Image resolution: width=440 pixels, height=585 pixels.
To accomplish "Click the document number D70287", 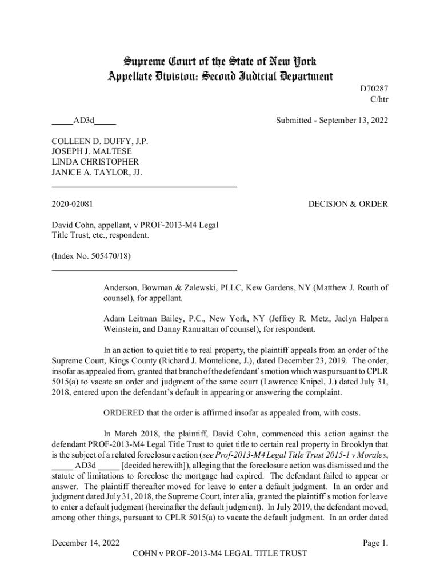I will [x=374, y=90].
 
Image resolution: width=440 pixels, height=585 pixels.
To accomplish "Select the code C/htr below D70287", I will [x=378, y=101].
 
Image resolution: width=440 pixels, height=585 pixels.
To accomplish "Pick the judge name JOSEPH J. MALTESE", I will [x=91, y=151].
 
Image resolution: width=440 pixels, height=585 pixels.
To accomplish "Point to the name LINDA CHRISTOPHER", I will [x=95, y=162].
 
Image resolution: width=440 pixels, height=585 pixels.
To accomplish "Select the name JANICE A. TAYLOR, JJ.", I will [x=97, y=173].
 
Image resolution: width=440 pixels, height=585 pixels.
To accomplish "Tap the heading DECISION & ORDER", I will [x=348, y=204].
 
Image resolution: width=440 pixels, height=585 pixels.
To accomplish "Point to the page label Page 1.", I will [x=375, y=543].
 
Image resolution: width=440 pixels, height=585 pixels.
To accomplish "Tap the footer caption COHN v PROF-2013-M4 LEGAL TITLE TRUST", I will [x=219, y=553].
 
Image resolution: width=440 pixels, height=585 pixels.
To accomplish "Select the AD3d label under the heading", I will [x=83, y=121].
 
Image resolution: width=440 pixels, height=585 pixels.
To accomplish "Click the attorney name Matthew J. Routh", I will [x=348, y=287].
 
